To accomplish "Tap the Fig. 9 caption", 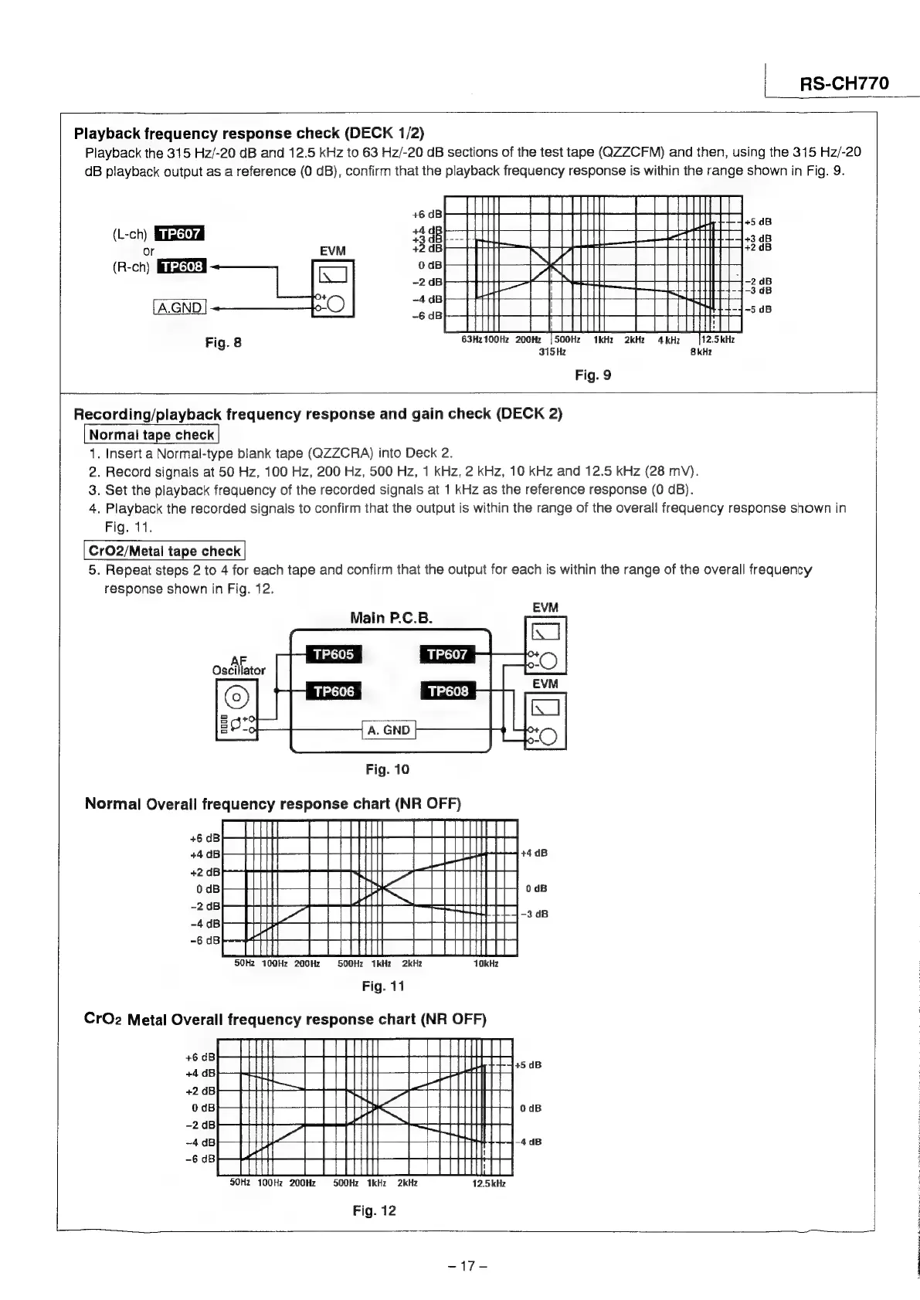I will (x=593, y=375).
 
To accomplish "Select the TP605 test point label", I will (x=333, y=655).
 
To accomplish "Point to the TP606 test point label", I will (x=333, y=691).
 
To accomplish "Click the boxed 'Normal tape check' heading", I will (x=151, y=435).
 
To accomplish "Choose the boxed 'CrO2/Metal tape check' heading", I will (x=165, y=551).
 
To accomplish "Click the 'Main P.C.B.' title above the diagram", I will (x=391, y=618).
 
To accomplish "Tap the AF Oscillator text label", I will (x=239, y=665).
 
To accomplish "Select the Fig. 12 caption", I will (x=374, y=1210).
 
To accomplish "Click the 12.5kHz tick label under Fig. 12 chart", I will (x=489, y=1183).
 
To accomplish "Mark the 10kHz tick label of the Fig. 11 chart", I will (x=487, y=964).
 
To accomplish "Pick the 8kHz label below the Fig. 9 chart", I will (x=701, y=351).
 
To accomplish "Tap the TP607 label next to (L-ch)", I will (x=179, y=234).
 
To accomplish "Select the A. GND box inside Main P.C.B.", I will (x=389, y=730).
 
